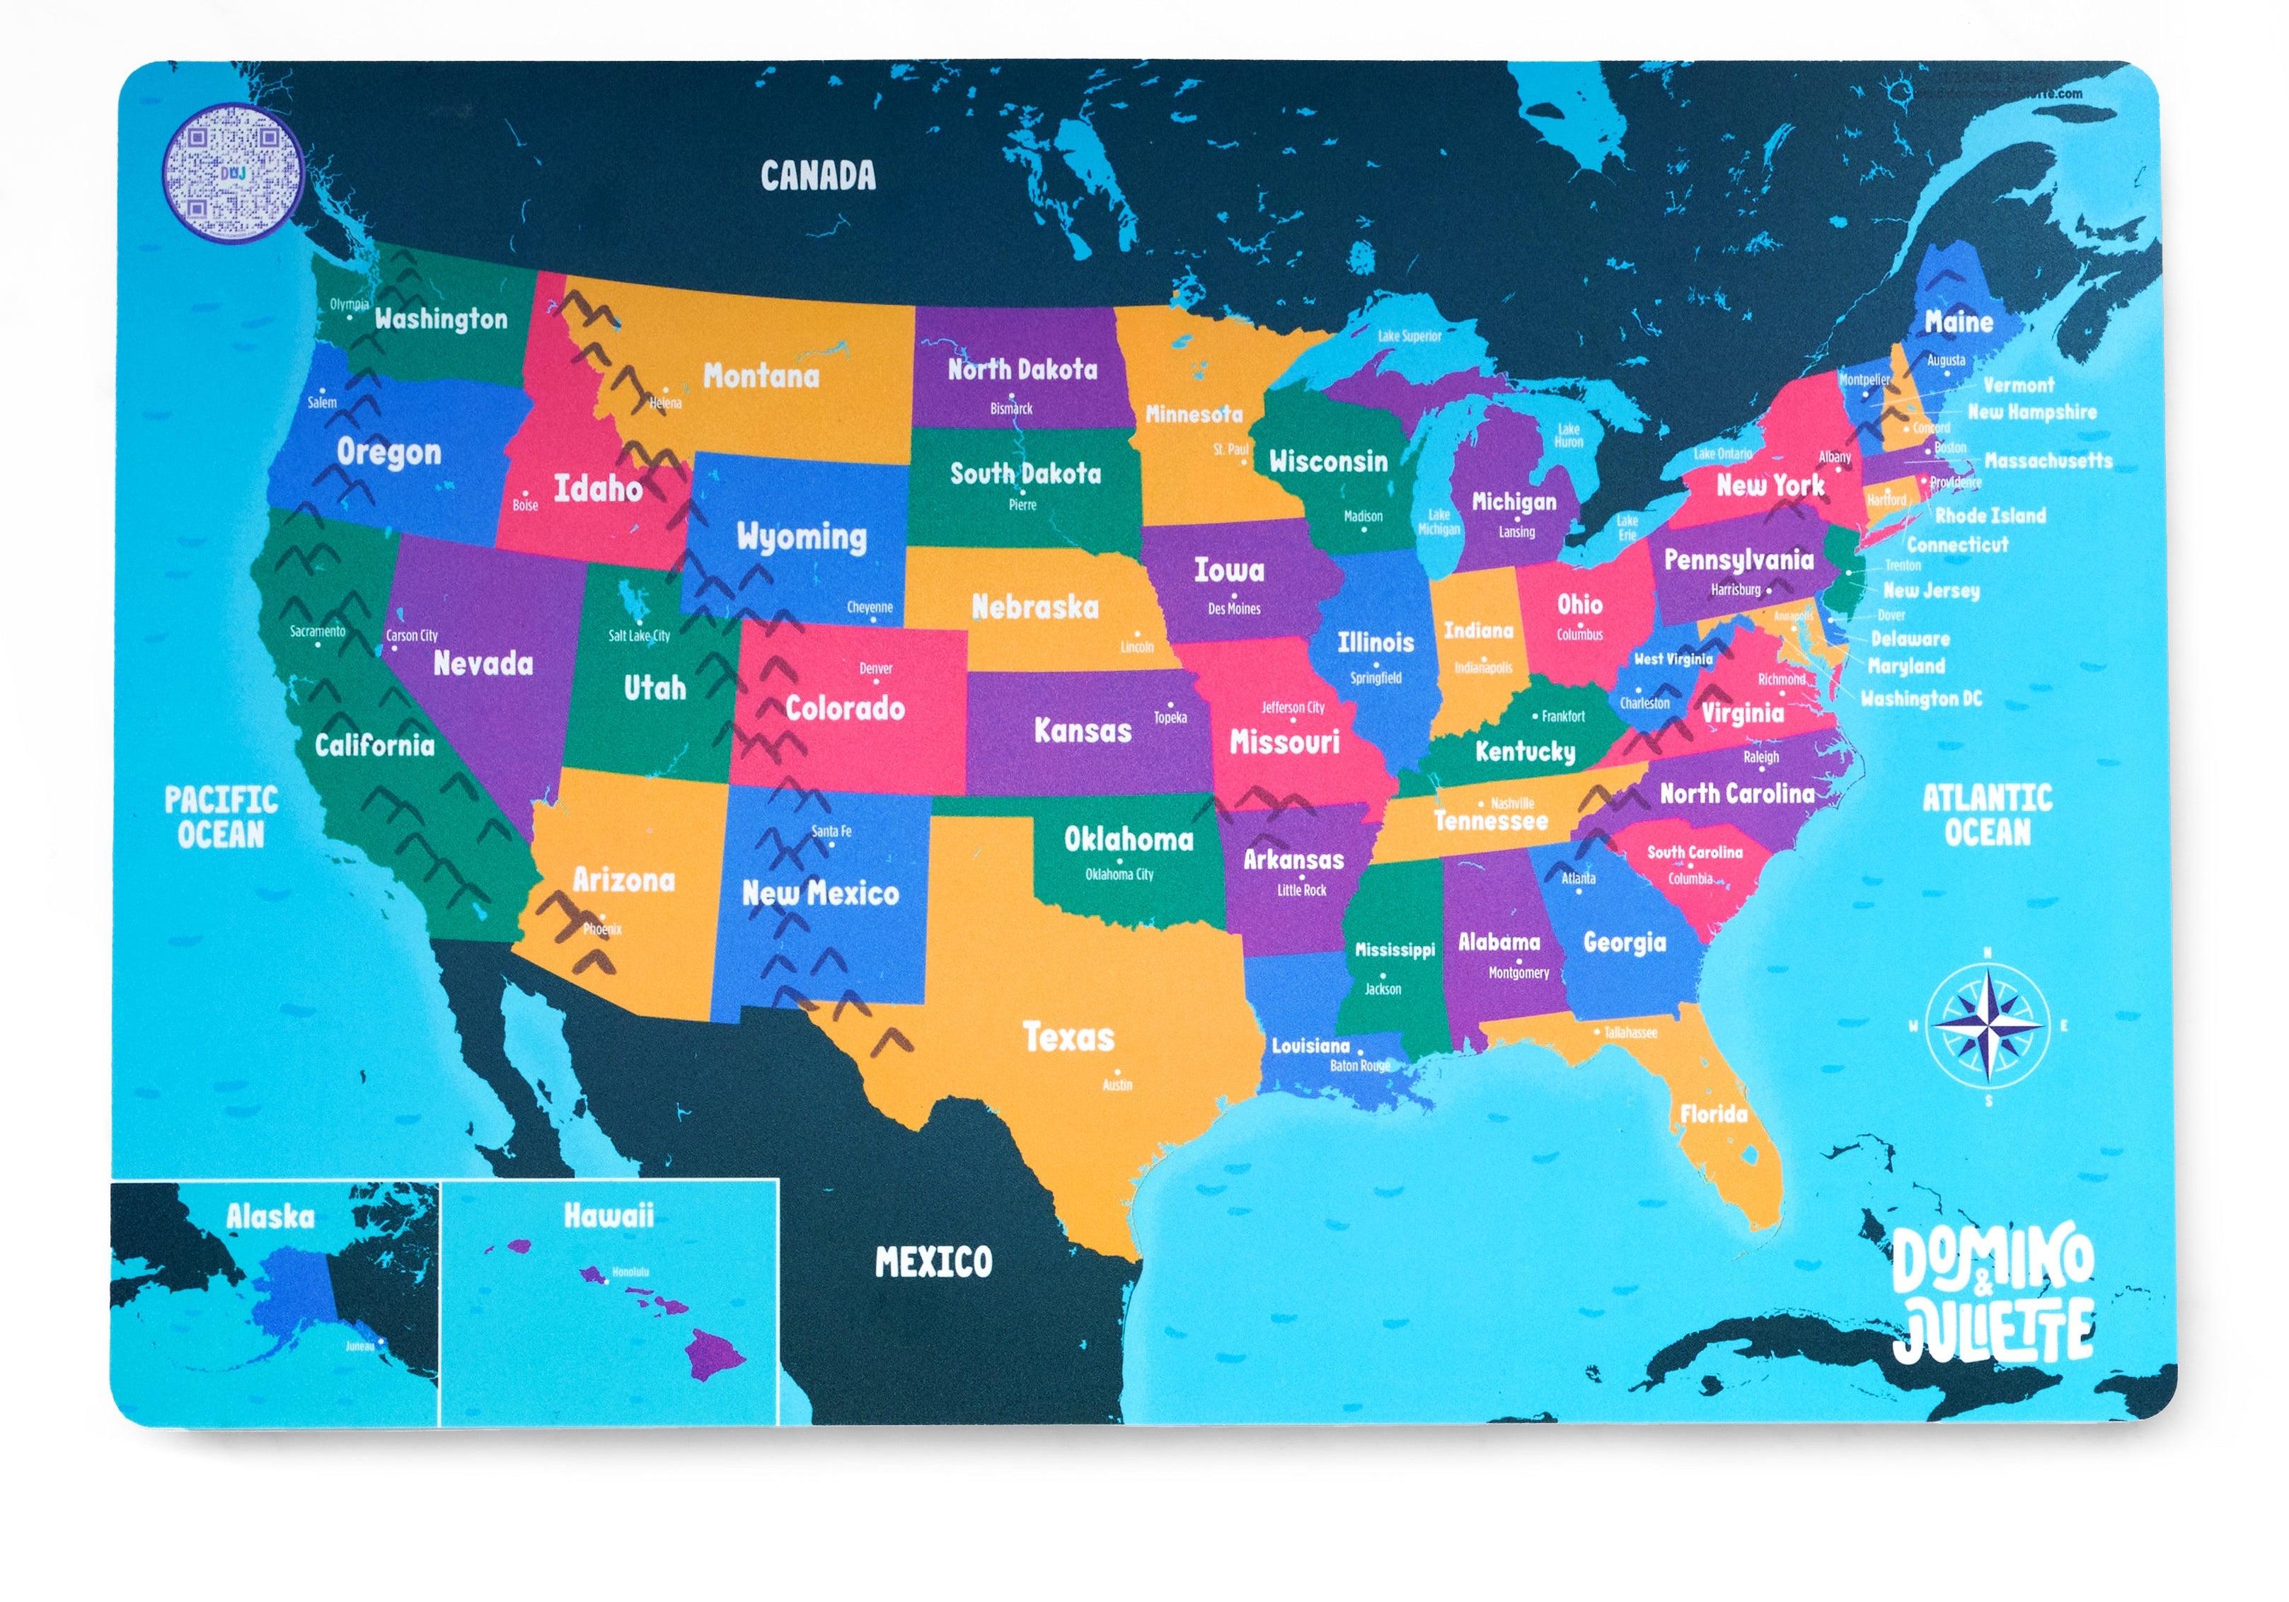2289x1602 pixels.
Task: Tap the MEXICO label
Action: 933,1263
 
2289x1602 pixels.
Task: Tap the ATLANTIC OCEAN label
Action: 1986,814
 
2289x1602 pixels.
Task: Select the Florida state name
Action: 1713,1114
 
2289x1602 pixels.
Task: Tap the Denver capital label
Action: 875,669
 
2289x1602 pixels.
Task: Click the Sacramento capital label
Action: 317,631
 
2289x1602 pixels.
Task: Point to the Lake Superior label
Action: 1409,336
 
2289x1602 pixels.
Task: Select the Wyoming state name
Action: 802,537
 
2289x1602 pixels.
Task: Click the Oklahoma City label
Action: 1119,875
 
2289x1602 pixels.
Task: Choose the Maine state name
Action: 1958,322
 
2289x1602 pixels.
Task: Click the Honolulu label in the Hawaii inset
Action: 630,1272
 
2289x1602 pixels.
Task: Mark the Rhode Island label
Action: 1990,515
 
